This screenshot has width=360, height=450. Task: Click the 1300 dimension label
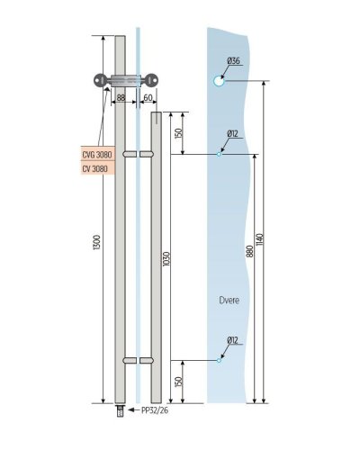(97, 243)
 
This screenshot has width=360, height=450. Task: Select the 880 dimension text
(249, 251)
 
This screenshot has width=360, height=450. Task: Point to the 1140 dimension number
(259, 239)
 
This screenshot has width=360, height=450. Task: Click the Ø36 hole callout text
(234, 61)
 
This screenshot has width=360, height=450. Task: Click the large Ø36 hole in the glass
(219, 81)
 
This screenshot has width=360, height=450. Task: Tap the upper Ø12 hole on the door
(219, 154)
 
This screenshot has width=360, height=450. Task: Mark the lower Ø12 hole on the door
(219, 360)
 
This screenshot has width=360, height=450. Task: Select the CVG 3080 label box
(97, 154)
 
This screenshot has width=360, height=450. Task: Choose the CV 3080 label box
(97, 168)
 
